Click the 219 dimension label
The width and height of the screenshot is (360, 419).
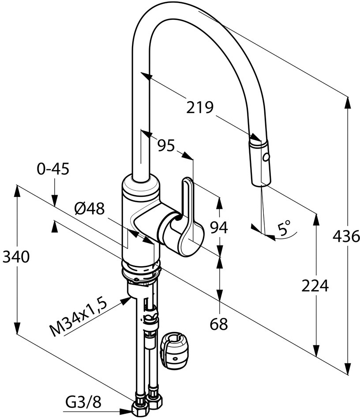click(199, 107)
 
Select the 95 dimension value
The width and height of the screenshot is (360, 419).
click(166, 145)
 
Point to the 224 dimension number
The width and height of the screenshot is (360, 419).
click(315, 286)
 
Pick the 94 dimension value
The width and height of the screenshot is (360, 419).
click(218, 228)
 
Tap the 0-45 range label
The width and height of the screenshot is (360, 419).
click(53, 169)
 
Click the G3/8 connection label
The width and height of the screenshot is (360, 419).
click(84, 402)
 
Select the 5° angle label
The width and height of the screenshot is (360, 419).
click(284, 228)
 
